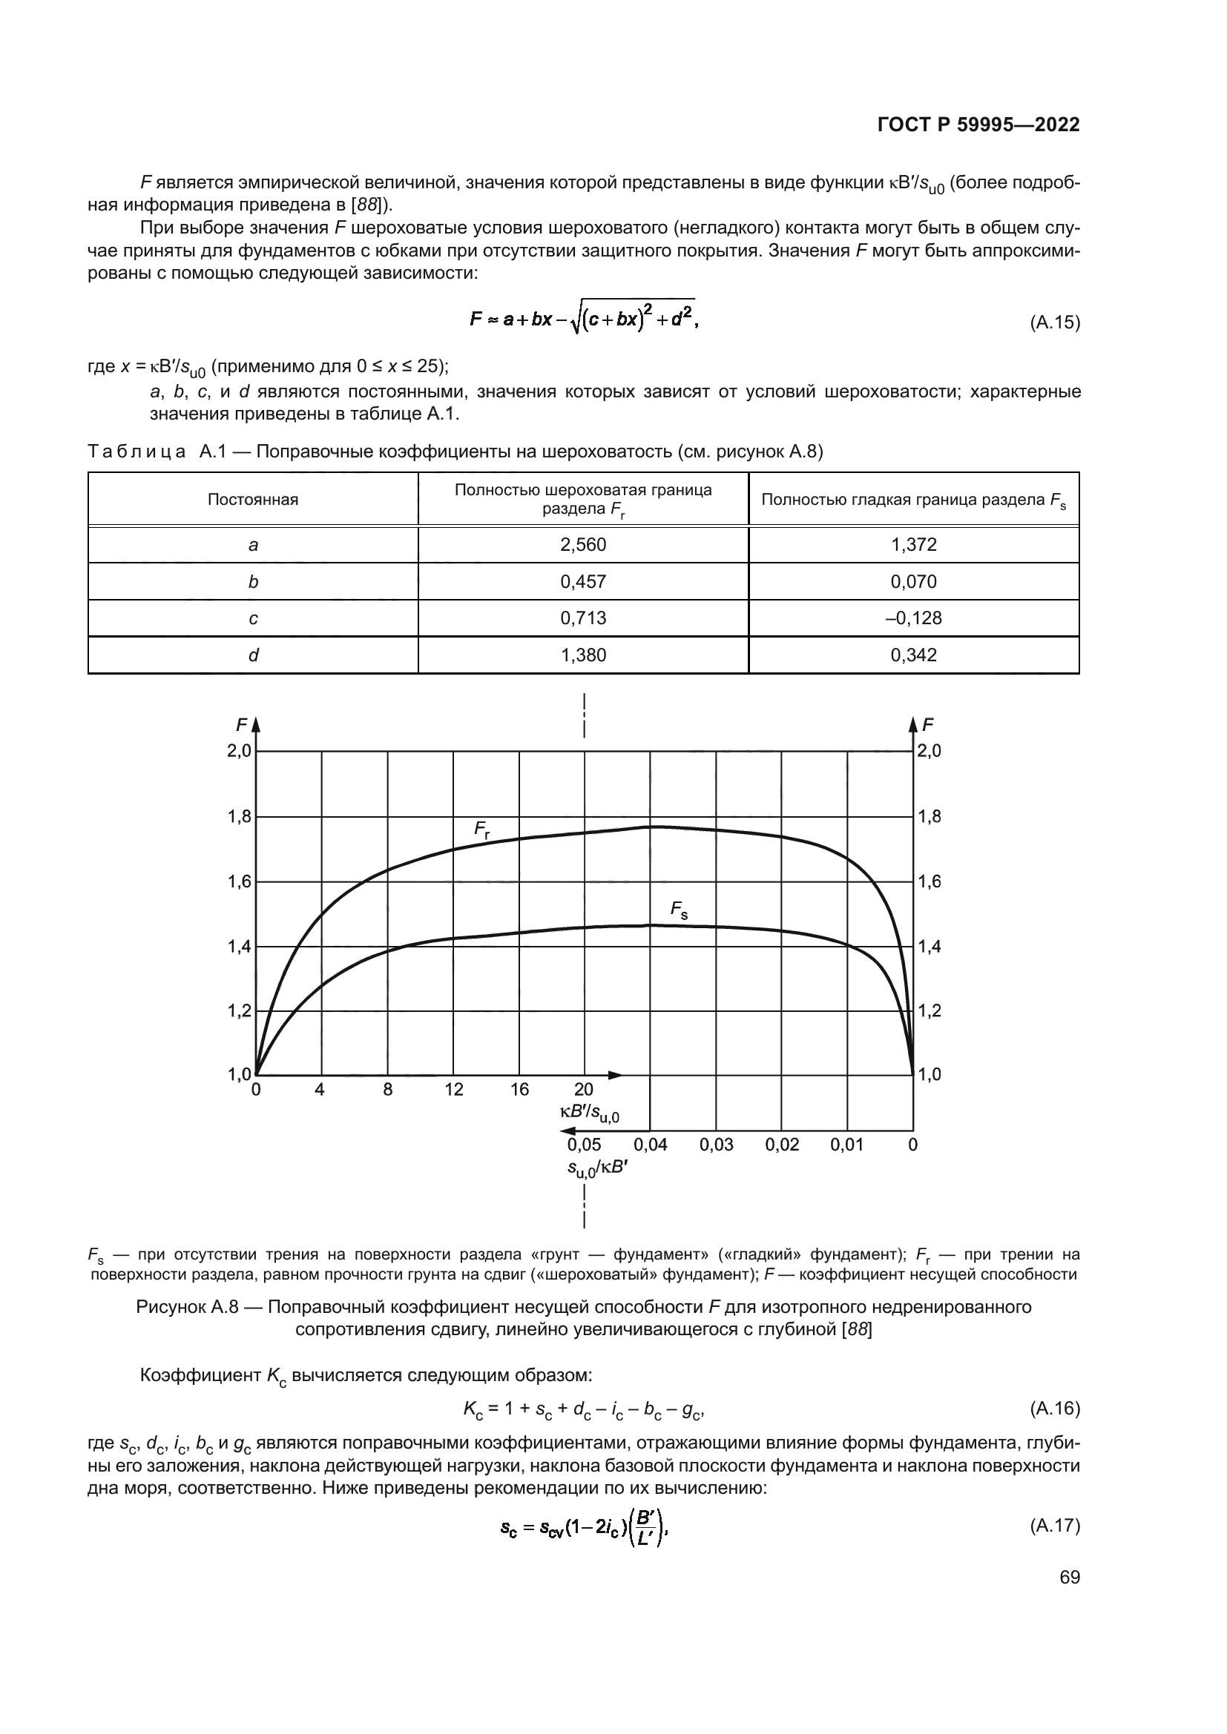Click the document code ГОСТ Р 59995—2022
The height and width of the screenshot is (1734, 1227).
pyautogui.click(x=978, y=125)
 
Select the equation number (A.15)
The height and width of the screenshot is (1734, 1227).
pyautogui.click(x=1055, y=323)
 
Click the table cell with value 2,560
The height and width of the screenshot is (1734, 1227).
pyautogui.click(x=582, y=545)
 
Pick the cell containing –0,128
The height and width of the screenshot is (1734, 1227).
pyautogui.click(x=913, y=618)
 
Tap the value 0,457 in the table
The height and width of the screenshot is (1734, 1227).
pyautogui.click(x=582, y=581)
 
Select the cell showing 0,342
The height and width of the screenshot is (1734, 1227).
pyautogui.click(x=913, y=655)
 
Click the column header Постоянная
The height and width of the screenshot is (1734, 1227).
pyautogui.click(x=253, y=499)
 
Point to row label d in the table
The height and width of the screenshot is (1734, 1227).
pyautogui.click(x=253, y=655)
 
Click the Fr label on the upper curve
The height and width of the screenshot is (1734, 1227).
pyautogui.click(x=481, y=830)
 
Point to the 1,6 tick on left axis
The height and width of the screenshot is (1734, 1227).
pyautogui.click(x=239, y=881)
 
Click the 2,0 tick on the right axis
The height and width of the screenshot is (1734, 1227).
pyautogui.click(x=929, y=751)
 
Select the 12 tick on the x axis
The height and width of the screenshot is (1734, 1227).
pyautogui.click(x=454, y=1090)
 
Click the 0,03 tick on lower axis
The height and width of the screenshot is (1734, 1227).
pyautogui.click(x=717, y=1145)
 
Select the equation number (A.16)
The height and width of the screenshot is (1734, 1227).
pyautogui.click(x=1055, y=1409)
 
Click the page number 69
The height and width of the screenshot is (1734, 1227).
pyautogui.click(x=1070, y=1578)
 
